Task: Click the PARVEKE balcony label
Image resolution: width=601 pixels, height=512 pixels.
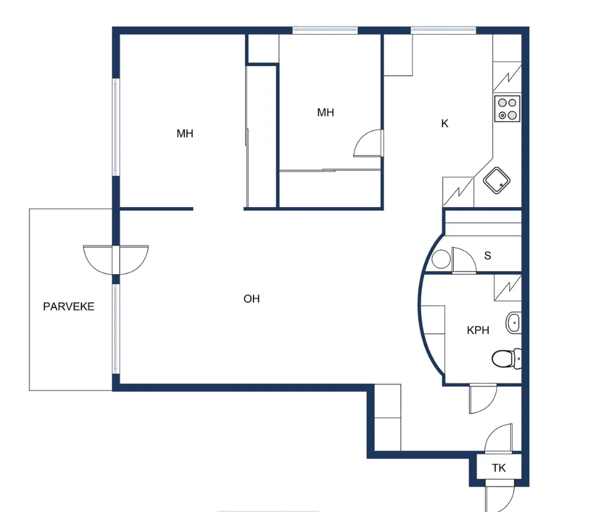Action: (68, 306)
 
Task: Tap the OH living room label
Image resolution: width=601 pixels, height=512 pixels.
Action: (252, 299)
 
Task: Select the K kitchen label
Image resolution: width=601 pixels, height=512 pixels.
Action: (445, 123)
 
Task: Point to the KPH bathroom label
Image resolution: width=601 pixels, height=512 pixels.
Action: (478, 330)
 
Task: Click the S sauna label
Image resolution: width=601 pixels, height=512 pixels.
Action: (488, 255)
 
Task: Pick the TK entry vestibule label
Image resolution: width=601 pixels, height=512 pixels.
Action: (499, 468)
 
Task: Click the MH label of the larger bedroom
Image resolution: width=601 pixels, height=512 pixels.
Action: (184, 134)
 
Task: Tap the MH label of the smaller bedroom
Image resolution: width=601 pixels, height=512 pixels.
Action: (325, 112)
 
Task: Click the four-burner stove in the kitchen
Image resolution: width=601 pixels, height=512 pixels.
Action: (507, 109)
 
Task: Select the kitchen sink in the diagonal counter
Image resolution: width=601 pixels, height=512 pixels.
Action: (496, 180)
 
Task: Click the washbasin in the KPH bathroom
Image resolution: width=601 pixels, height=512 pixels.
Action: (514, 323)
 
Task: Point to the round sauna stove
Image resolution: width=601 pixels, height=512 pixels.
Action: (441, 259)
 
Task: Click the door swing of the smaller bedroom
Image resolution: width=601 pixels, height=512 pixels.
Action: (368, 143)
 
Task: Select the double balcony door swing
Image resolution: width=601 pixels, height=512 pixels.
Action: (116, 260)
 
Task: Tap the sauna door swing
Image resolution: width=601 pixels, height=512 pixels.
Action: (464, 260)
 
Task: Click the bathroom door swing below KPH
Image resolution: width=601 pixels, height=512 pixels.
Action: (483, 399)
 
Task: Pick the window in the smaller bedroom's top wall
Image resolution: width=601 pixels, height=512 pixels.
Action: (325, 30)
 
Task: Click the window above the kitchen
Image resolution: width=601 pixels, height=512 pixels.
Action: (443, 30)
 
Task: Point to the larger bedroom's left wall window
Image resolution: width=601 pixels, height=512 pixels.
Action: (116, 127)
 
